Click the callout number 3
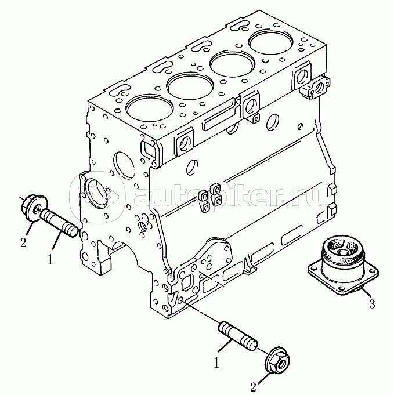(372, 304)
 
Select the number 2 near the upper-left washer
(23, 243)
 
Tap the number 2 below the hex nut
(254, 387)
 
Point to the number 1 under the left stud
(50, 259)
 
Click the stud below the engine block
(237, 336)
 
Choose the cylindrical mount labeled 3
(343, 266)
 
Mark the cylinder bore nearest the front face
(150, 107)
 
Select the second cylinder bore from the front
(190, 86)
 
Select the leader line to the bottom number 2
(263, 377)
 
